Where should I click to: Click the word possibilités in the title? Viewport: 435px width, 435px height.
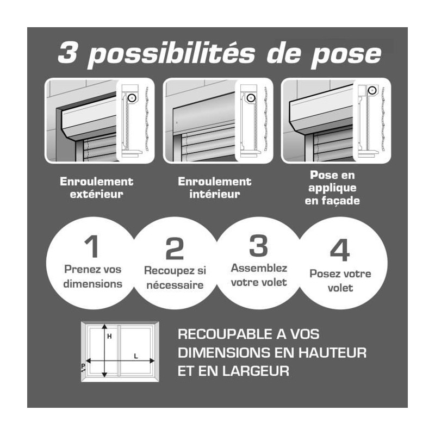tap(171, 54)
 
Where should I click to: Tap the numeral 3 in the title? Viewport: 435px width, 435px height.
tap(67, 53)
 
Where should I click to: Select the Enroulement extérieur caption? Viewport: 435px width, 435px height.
tap(97, 188)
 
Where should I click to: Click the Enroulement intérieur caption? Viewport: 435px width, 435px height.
tap(214, 188)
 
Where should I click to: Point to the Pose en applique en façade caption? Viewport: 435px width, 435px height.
tap(332, 188)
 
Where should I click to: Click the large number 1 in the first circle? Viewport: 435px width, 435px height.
tap(92, 246)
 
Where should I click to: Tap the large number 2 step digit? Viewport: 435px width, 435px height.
tap(175, 248)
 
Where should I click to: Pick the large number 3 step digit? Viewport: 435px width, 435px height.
tap(259, 246)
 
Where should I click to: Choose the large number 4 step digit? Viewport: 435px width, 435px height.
tap(340, 250)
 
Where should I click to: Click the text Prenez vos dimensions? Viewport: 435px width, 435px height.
tap(92, 277)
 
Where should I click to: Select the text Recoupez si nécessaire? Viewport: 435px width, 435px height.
tap(175, 278)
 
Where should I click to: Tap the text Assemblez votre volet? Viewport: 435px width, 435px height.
tap(259, 275)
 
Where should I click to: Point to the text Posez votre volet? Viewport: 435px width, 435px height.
tap(340, 281)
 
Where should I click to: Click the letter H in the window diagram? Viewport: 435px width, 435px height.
tap(109, 337)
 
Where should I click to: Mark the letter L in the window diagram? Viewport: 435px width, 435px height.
tap(136, 356)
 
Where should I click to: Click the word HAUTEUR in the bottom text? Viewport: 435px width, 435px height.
tap(332, 353)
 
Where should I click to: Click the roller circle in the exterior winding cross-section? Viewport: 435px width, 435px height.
tap(132, 98)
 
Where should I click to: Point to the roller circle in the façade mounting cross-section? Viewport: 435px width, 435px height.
tap(372, 90)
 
